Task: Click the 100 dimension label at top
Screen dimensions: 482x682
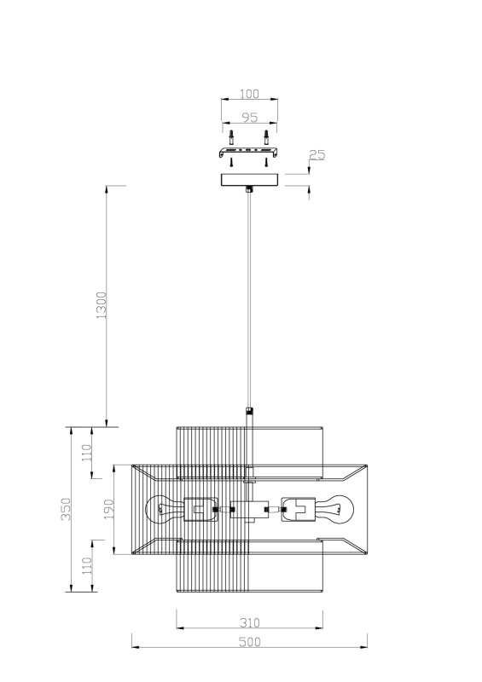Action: pyautogui.click(x=249, y=94)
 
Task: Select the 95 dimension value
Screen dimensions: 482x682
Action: pyautogui.click(x=249, y=117)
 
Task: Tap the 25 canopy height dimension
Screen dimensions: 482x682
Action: pyautogui.click(x=317, y=154)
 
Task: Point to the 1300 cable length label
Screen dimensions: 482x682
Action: pyautogui.click(x=101, y=305)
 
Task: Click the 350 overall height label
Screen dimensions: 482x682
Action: pyautogui.click(x=66, y=509)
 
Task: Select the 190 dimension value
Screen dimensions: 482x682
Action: pyautogui.click(x=108, y=509)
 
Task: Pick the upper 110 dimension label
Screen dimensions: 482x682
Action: pyautogui.click(x=87, y=453)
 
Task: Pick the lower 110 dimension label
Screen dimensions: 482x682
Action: pyautogui.click(x=87, y=565)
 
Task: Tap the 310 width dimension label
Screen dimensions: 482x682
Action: pyautogui.click(x=249, y=623)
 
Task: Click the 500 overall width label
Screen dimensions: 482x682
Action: pyautogui.click(x=249, y=642)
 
